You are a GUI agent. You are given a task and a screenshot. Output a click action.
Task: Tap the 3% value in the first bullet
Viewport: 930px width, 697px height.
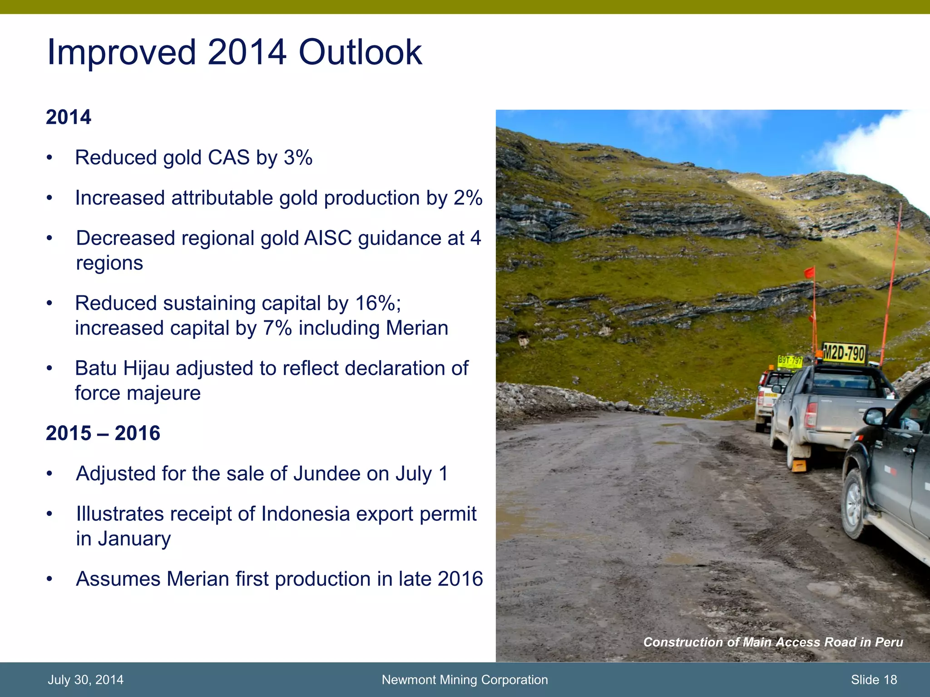298,158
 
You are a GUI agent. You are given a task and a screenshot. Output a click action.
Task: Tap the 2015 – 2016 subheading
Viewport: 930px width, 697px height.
103,433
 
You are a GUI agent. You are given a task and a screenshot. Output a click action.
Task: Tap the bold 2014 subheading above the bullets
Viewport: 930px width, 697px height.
68,117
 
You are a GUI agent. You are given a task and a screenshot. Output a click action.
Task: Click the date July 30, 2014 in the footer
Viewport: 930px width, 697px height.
85,680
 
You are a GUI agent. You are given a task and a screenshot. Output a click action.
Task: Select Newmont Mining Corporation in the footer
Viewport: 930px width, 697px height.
465,680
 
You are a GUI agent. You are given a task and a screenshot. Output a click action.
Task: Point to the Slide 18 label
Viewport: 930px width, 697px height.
874,680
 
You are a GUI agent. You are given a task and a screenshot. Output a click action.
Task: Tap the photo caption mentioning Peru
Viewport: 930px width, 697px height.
773,642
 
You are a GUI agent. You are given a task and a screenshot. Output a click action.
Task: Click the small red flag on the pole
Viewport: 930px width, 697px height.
809,273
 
